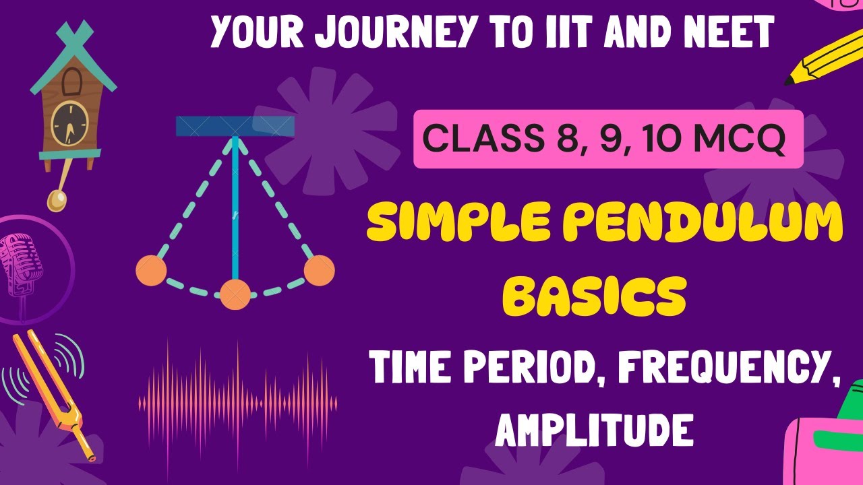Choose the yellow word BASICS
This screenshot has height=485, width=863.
(596, 297)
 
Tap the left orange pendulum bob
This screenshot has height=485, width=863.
(151, 271)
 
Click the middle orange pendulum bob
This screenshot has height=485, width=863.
(235, 294)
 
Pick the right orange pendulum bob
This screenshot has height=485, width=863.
(319, 271)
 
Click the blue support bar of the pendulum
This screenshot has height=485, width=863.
(235, 126)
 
